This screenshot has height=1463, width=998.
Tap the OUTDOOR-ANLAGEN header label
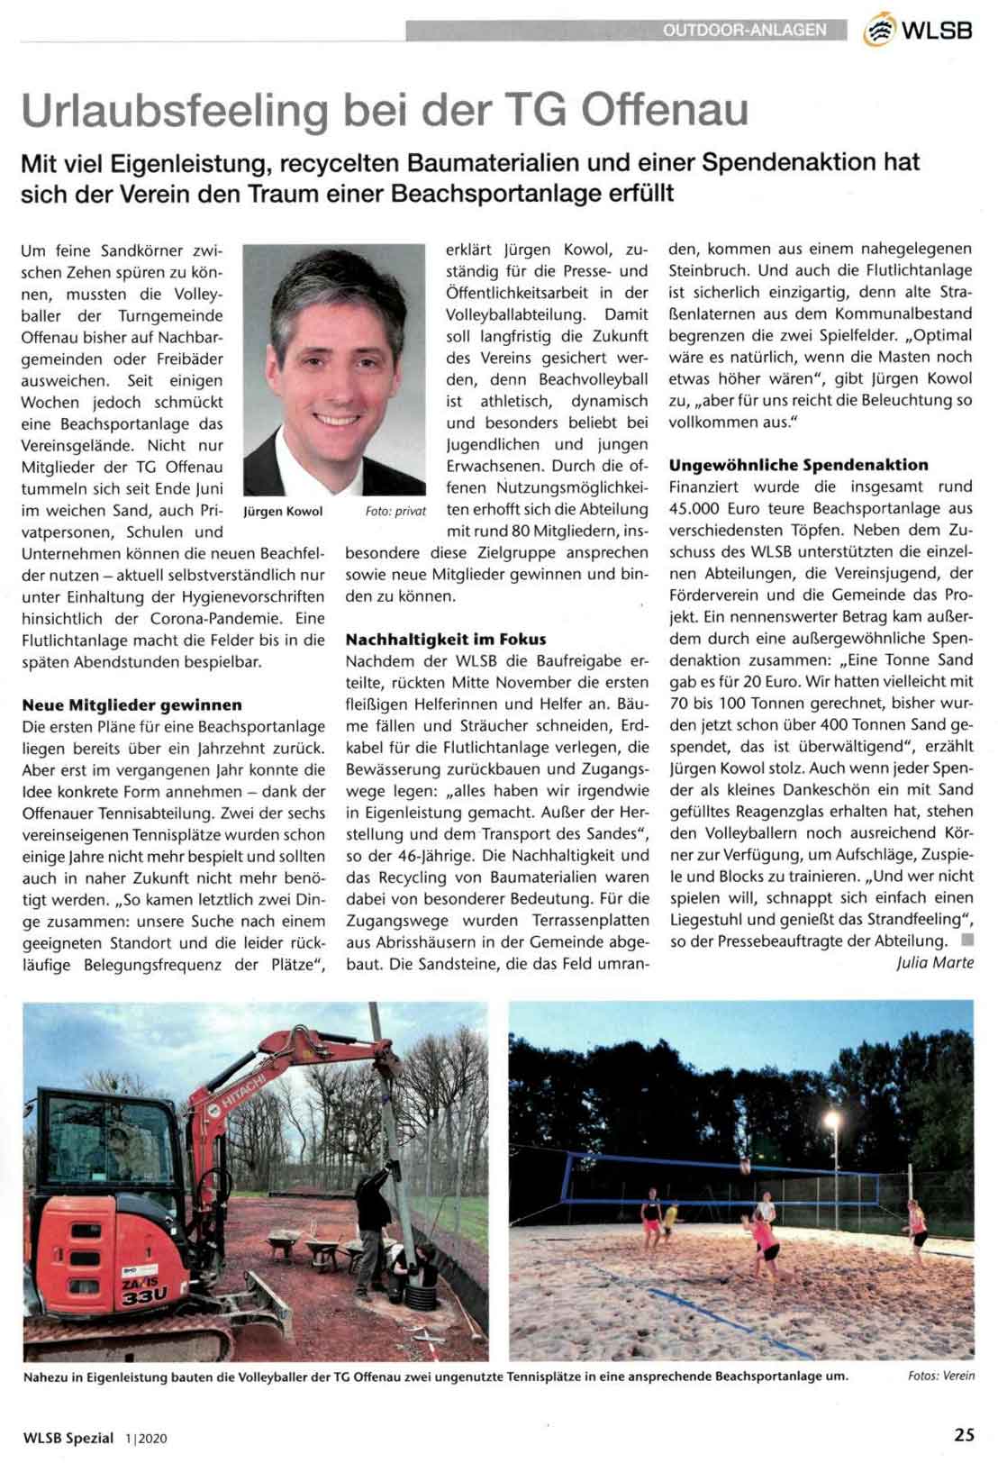[x=744, y=30]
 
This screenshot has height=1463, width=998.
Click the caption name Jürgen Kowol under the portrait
[x=283, y=511]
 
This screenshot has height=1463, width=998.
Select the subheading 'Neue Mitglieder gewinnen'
[x=132, y=704]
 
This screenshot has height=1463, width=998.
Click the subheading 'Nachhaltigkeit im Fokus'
[x=446, y=639]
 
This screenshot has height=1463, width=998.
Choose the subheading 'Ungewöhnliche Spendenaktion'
[x=798, y=465]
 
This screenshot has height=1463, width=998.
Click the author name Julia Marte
[x=935, y=962]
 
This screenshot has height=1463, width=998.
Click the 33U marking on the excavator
[x=144, y=1295]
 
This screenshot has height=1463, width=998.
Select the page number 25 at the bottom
[x=964, y=1436]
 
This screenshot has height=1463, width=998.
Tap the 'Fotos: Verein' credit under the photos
[x=941, y=1376]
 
